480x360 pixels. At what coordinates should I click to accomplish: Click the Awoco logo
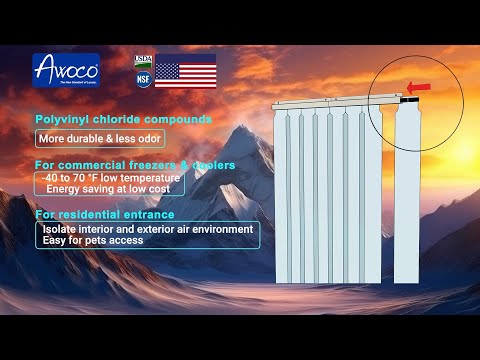click(66, 71)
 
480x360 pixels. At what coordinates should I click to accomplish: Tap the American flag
click(185, 72)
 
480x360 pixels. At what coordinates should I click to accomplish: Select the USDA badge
click(143, 61)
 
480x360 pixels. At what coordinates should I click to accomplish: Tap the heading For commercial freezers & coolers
click(134, 164)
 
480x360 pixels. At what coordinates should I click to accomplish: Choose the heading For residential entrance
click(104, 214)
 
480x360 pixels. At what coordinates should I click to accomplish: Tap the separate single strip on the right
click(407, 190)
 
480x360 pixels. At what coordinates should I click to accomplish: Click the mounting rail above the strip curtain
click(330, 103)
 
